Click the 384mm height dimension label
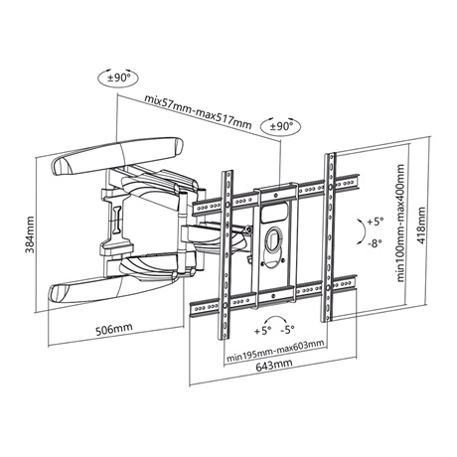click(30, 234)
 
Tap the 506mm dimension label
click(114, 329)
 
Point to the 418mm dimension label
click(420, 226)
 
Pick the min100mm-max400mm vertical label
click(400, 223)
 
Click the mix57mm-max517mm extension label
click(198, 112)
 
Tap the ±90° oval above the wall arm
click(118, 78)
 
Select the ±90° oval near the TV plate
click(281, 126)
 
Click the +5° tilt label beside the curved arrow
click(376, 222)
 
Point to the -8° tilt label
click(375, 243)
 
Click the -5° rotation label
click(287, 330)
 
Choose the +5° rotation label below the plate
click(263, 331)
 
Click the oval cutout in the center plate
click(273, 238)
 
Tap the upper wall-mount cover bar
click(117, 156)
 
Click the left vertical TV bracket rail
click(228, 255)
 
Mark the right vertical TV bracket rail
click(330, 236)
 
